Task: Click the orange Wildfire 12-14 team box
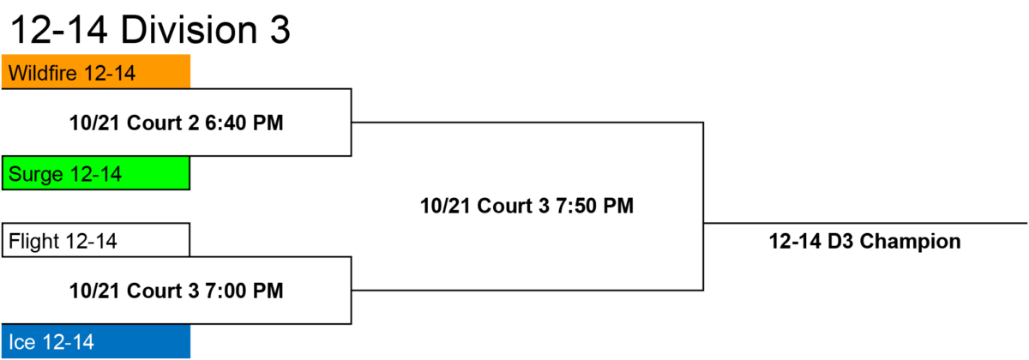(96, 72)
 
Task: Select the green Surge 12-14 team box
(96, 173)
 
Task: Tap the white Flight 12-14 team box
(96, 240)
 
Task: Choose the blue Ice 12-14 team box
(96, 341)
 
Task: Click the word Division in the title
(189, 30)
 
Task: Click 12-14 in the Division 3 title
(58, 30)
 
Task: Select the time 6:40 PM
(244, 123)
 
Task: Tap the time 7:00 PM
(244, 291)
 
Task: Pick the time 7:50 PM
(595, 206)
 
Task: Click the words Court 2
(163, 123)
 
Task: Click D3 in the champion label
(839, 242)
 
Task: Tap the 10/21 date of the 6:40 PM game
(95, 123)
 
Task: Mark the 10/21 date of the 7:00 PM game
(95, 291)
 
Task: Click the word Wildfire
(43, 73)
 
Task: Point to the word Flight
(34, 242)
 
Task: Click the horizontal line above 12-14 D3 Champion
(865, 224)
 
